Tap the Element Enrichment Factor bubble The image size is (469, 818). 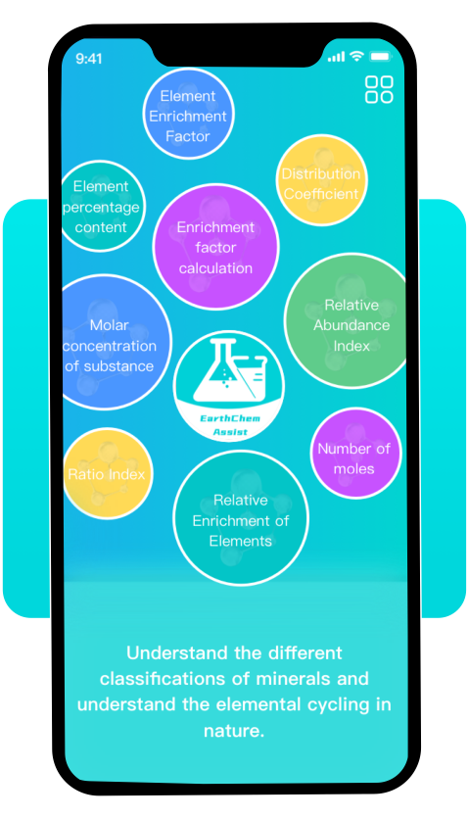pyautogui.click(x=188, y=115)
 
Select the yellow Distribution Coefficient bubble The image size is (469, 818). pyautogui.click(x=321, y=180)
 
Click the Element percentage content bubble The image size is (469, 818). pyautogui.click(x=102, y=206)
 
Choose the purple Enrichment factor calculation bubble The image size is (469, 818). pyautogui.click(x=216, y=247)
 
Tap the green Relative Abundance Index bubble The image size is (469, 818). pyautogui.click(x=347, y=321)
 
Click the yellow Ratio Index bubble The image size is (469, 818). pyautogui.click(x=108, y=473)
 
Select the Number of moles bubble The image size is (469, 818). pyautogui.click(x=355, y=454)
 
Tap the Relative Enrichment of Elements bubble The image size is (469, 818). pyautogui.click(x=241, y=518)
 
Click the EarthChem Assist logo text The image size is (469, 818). pyautogui.click(x=230, y=425)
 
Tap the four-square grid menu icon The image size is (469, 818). pyautogui.click(x=379, y=89)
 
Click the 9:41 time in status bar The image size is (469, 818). pyautogui.click(x=89, y=59)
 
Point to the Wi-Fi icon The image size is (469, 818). pyautogui.click(x=356, y=56)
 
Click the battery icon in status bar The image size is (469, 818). pyautogui.click(x=380, y=57)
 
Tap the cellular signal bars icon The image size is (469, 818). pyautogui.click(x=336, y=57)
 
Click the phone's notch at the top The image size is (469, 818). pyautogui.click(x=238, y=53)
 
